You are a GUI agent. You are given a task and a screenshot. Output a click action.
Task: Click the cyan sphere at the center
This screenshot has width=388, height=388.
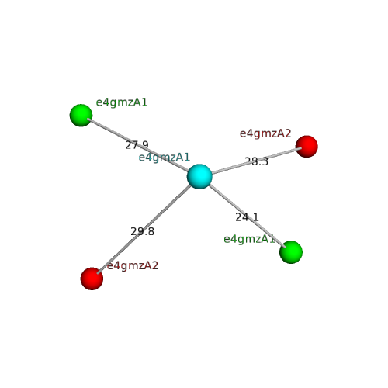tap(199, 176)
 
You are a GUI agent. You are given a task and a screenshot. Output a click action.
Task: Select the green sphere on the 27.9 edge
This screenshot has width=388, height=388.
tap(81, 116)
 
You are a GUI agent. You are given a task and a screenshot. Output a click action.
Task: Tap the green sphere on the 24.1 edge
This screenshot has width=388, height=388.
tap(291, 252)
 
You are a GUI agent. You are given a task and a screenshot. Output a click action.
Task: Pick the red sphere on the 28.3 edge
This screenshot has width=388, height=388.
tap(307, 147)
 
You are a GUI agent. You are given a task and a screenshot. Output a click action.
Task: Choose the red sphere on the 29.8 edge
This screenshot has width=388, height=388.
tap(92, 279)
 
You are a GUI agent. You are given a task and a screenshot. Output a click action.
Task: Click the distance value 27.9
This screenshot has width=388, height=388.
tap(137, 145)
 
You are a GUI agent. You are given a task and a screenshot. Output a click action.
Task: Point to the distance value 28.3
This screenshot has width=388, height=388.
tap(257, 161)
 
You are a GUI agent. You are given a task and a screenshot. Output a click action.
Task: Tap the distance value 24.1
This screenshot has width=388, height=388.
tap(247, 217)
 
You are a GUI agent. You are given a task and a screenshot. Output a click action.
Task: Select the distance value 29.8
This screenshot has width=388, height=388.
tap(143, 231)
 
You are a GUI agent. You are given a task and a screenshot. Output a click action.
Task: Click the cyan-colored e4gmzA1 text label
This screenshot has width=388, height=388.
tap(165, 158)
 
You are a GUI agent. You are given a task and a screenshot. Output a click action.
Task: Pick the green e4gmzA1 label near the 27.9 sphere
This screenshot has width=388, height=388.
tap(122, 102)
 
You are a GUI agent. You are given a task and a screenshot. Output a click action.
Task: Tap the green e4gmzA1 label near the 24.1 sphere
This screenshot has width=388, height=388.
tap(249, 239)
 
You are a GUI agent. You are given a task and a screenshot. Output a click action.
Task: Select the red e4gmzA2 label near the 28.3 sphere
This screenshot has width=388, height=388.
tap(265, 133)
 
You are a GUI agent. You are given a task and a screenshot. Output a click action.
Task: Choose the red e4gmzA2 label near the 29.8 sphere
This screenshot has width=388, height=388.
tap(133, 266)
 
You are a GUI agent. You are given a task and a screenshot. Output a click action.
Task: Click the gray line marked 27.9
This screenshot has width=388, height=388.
tap(138, 145)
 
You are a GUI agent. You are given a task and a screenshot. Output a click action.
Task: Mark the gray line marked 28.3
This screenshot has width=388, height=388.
tap(256, 161)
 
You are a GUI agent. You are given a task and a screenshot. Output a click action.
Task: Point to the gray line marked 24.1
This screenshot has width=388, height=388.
tap(247, 216)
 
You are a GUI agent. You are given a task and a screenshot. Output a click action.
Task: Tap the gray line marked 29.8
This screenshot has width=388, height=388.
tap(144, 228)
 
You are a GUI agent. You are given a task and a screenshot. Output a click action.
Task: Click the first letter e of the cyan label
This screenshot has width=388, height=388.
tap(141, 158)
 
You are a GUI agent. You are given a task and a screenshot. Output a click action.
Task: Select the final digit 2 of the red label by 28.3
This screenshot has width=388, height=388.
tap(289, 133)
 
